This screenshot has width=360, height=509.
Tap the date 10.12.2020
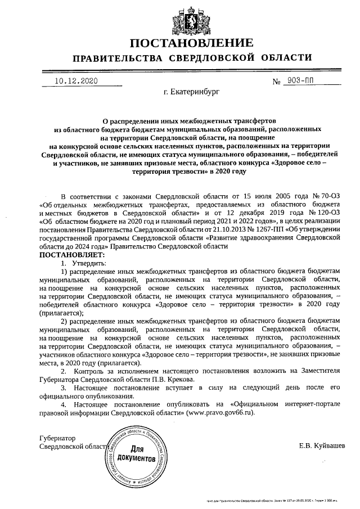pyautogui.click(x=76, y=81)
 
